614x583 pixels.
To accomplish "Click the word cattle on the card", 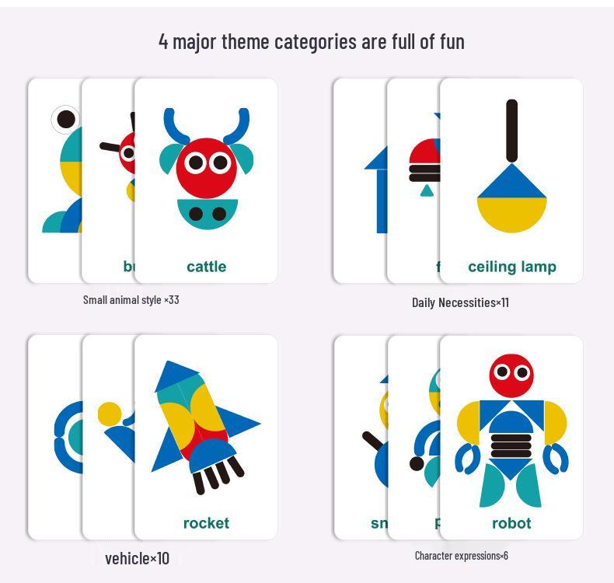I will [x=206, y=267].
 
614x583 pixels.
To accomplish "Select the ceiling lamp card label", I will [x=511, y=267].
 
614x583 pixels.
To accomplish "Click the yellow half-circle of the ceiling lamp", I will [x=511, y=215].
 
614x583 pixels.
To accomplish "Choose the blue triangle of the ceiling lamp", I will [x=511, y=183].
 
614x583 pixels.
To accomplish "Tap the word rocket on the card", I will [x=206, y=523].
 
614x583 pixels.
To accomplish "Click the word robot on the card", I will [x=511, y=523].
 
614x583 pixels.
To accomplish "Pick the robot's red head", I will [x=511, y=375].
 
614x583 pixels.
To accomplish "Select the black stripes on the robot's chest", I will [x=511, y=445].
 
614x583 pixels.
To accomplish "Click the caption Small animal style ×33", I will [x=131, y=299].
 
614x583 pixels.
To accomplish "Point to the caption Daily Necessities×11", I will [x=460, y=302].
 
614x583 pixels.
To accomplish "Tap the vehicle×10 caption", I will [x=137, y=558].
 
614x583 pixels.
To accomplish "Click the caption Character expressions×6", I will [x=461, y=555].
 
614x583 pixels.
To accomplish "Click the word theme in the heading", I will [x=245, y=40].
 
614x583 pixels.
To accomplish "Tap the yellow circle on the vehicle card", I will [x=109, y=414].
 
